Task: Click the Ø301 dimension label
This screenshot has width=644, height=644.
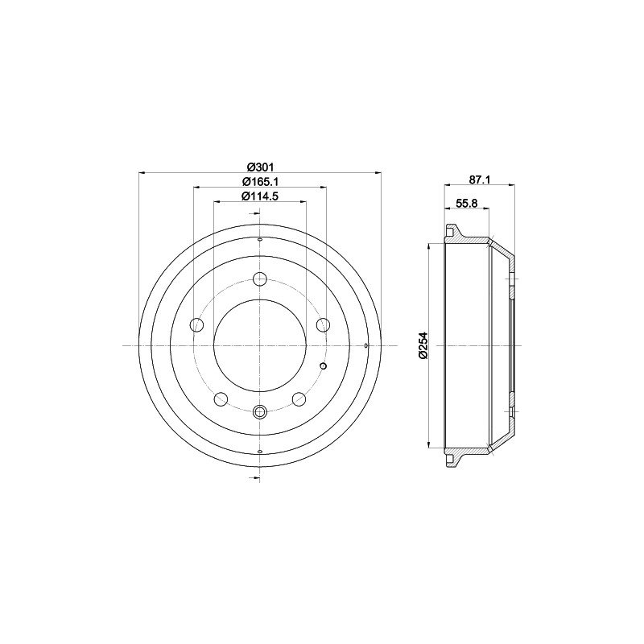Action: point(260,167)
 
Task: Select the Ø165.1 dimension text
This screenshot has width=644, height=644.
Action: point(260,181)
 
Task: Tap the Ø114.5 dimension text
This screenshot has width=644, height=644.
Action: point(260,196)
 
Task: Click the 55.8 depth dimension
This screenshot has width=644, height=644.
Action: point(467,203)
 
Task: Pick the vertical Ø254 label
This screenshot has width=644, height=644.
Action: point(423,346)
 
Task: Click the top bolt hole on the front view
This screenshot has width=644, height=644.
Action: point(259,279)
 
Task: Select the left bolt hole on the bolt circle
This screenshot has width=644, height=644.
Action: point(196,325)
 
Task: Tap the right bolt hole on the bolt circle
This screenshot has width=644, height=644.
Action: point(323,325)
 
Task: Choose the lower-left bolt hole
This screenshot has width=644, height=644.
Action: point(221,398)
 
